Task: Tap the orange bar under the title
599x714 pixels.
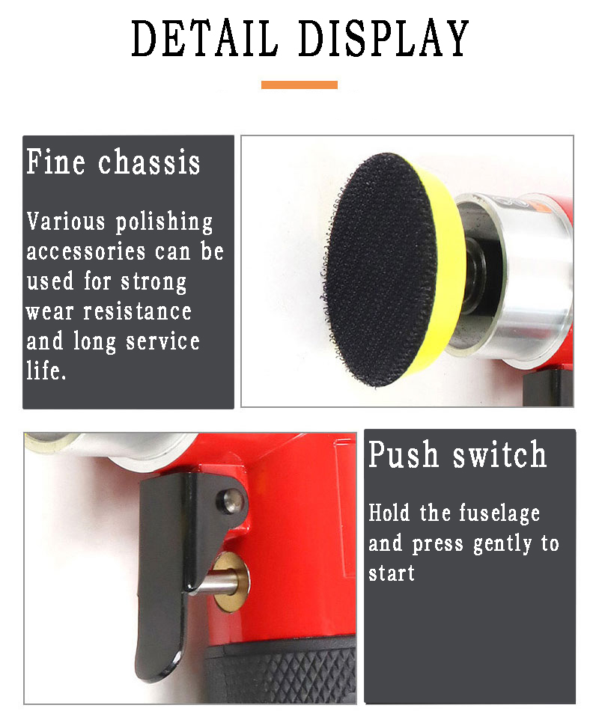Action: pyautogui.click(x=299, y=85)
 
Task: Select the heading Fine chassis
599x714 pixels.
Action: pyautogui.click(x=114, y=162)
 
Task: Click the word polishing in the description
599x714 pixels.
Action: pyautogui.click(x=164, y=222)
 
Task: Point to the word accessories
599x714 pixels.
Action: pyautogui.click(x=86, y=251)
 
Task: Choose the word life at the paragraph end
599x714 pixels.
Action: pyautogui.click(x=46, y=370)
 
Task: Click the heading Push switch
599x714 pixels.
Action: pyautogui.click(x=457, y=456)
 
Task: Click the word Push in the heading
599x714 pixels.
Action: pyautogui.click(x=404, y=456)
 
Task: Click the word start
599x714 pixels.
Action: pyautogui.click(x=392, y=574)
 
